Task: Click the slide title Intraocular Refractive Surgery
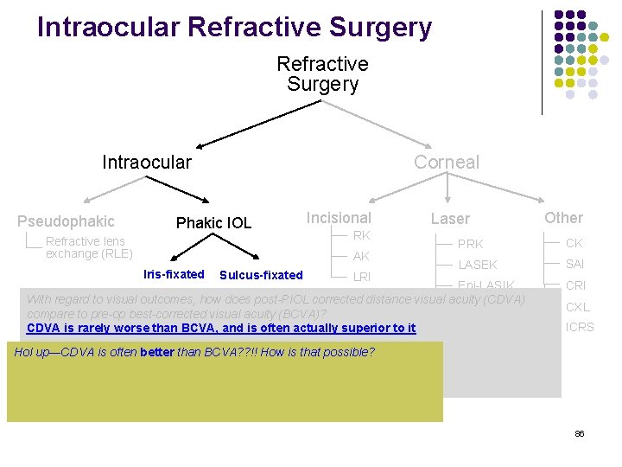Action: coord(234,28)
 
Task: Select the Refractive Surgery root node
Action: coord(322,74)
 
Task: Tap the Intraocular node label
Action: coord(147,163)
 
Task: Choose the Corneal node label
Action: coord(446,163)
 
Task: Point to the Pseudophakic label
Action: coord(66,221)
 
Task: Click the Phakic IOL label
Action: coord(213,223)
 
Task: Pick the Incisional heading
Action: coord(339,218)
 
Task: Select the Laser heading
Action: coord(450,220)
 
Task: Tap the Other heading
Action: coord(563,218)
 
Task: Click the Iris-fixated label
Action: coord(174,275)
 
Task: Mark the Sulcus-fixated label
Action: coord(261,276)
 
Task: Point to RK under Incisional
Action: coord(362,236)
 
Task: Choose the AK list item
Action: coord(361,256)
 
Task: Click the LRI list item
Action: coord(362,278)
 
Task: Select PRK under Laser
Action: coord(470,244)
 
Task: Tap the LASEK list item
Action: coord(478,265)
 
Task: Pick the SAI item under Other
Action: coord(575,264)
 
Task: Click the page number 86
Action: coord(579,433)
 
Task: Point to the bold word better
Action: coord(156,352)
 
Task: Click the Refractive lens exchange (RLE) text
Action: coord(89,247)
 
